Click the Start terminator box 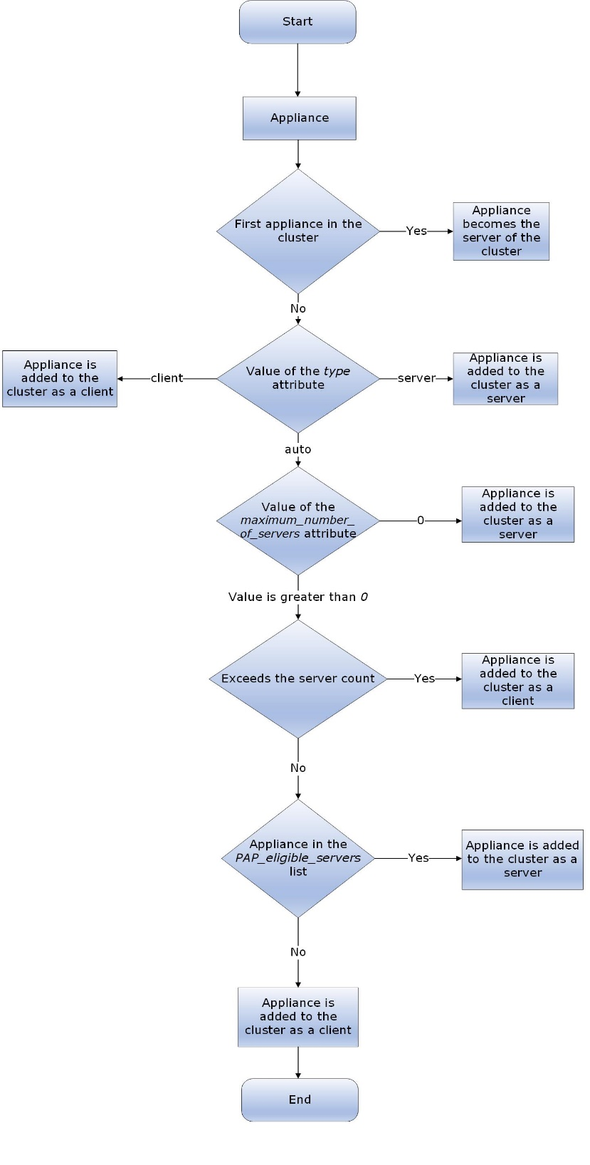[x=297, y=22]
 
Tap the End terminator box [x=300, y=1099]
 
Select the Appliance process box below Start [x=299, y=118]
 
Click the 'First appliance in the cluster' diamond [x=298, y=231]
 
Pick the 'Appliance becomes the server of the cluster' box [x=501, y=231]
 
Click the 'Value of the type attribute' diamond [x=298, y=378]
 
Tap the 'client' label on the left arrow [x=167, y=378]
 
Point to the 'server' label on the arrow [x=416, y=378]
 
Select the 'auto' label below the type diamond [x=298, y=449]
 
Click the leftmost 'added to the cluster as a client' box [x=60, y=378]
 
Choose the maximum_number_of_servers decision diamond [x=298, y=521]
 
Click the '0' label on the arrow [x=420, y=521]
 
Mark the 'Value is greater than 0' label [x=298, y=597]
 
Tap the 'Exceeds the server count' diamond [x=298, y=679]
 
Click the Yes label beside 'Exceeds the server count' [x=424, y=679]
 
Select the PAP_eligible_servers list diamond [x=298, y=858]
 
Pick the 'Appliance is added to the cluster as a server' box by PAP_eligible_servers [x=522, y=859]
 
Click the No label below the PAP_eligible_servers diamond [x=298, y=952]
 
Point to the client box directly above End [x=298, y=1017]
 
